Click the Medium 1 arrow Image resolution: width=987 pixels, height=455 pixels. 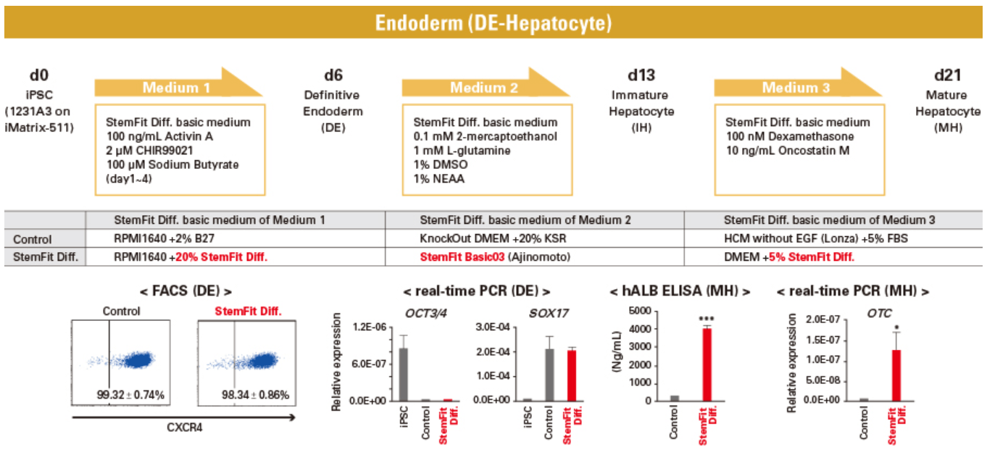coord(178,83)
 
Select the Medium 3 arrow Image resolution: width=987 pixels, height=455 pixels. coord(798,83)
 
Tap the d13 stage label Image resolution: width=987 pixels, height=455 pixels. coord(641,75)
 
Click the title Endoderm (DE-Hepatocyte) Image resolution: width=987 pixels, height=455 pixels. coord(493,23)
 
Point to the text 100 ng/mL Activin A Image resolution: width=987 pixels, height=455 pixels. coord(159,136)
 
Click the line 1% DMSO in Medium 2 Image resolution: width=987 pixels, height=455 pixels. coord(440,164)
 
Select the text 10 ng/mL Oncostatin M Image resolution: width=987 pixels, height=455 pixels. coord(788,151)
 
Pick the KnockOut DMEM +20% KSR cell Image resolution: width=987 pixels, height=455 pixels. coord(493,239)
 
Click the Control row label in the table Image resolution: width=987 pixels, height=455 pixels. coord(32,240)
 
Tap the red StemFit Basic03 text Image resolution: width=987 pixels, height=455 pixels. coord(462,257)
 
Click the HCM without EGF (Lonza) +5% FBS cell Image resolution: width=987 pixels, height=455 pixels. coord(815,239)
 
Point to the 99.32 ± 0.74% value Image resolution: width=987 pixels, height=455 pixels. coord(130,395)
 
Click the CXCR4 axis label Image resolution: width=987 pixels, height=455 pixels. coord(184,427)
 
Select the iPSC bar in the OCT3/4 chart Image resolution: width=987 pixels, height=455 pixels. coord(403,375)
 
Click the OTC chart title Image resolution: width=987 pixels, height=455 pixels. coord(879,313)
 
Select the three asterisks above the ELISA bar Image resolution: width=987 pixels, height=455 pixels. coord(707,319)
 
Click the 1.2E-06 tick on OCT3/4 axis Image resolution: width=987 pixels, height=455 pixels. coord(370,327)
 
